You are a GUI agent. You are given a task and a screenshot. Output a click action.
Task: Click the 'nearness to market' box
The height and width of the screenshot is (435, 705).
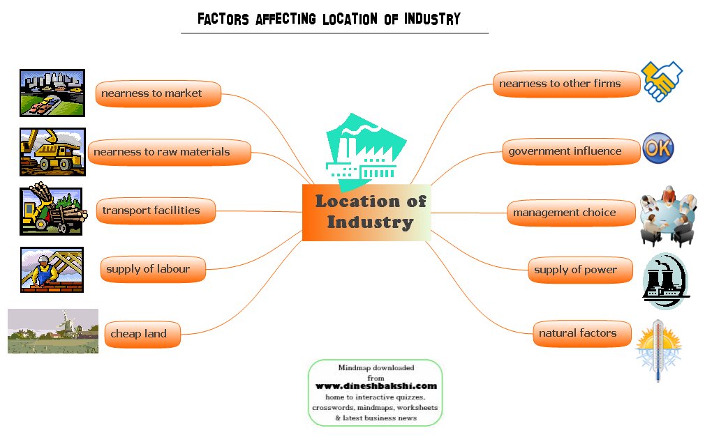click(x=158, y=93)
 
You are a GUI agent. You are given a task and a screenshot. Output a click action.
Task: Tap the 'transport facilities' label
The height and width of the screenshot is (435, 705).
click(x=155, y=211)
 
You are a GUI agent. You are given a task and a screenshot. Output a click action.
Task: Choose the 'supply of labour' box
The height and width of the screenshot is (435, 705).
click(x=153, y=269)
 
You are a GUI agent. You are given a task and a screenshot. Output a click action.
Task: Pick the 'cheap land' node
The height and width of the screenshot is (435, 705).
click(x=142, y=334)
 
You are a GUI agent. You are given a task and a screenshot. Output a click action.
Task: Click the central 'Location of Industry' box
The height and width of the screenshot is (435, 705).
click(x=366, y=213)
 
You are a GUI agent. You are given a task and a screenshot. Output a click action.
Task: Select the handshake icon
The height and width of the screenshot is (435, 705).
click(x=661, y=81)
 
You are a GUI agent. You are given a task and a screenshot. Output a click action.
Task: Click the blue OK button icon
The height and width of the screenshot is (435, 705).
click(x=658, y=148)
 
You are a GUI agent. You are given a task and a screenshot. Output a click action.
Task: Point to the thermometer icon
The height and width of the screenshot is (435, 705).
click(x=658, y=350)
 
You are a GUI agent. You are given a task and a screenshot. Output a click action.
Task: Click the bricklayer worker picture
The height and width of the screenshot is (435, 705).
click(x=52, y=270)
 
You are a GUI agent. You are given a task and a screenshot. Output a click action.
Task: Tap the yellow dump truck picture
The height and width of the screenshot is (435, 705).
click(x=52, y=152)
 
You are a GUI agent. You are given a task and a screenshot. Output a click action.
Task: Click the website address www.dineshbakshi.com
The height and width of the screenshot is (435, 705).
click(x=376, y=386)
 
